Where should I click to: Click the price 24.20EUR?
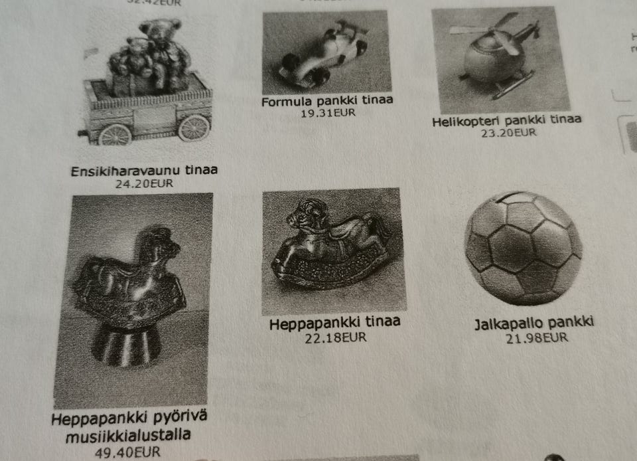pyautogui.click(x=144, y=183)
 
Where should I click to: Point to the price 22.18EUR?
pyautogui.click(x=336, y=337)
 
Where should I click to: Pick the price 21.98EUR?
pyautogui.click(x=536, y=338)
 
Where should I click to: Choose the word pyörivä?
pyautogui.click(x=181, y=420)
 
